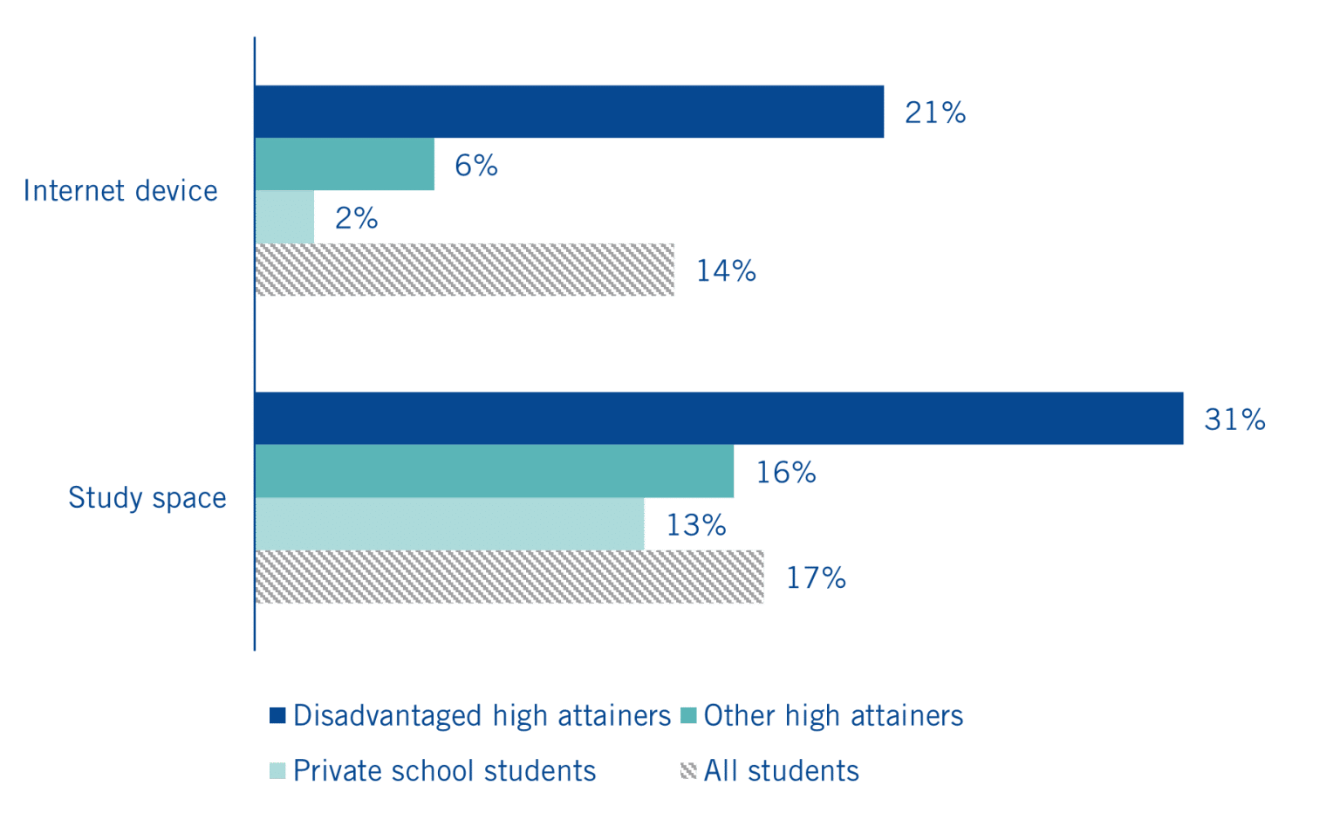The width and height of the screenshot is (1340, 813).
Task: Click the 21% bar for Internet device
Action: point(569,112)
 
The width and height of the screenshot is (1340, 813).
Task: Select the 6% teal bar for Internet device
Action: point(345,164)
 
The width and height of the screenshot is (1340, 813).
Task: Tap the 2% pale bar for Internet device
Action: point(285,216)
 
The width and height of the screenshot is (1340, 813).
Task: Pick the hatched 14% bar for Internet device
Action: point(465,270)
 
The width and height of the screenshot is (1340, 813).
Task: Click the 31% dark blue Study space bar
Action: point(719,419)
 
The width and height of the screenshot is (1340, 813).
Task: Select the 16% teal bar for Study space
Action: point(495,471)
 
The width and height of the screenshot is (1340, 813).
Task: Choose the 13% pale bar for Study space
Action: point(450,523)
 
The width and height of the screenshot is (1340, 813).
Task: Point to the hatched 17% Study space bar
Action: point(509,577)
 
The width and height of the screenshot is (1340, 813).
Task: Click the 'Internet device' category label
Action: point(120,191)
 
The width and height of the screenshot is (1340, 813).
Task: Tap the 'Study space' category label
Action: point(147,498)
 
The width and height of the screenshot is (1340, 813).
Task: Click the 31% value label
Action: point(1234,420)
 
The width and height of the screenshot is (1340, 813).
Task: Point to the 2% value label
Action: point(356,218)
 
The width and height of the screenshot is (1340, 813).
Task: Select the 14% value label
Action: point(726,271)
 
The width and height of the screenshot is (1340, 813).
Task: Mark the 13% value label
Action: point(696,525)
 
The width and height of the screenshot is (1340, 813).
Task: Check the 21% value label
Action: point(935,113)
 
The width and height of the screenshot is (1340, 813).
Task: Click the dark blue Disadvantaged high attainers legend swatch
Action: point(277,715)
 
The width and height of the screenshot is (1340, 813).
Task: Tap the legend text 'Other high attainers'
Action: point(833,715)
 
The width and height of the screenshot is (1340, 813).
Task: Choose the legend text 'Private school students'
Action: point(444,771)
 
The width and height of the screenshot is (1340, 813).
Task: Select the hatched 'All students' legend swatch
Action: point(688,771)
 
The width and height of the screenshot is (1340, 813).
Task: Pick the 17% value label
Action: point(816,577)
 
